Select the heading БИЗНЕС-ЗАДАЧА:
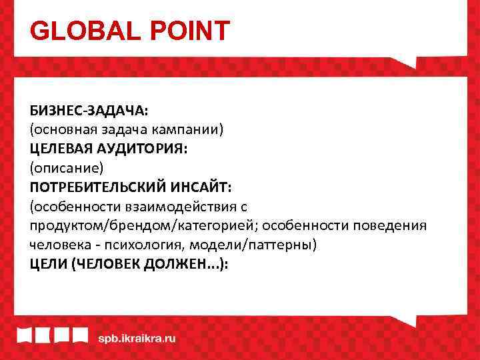[x=88, y=109]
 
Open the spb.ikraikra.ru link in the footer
[x=137, y=337]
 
